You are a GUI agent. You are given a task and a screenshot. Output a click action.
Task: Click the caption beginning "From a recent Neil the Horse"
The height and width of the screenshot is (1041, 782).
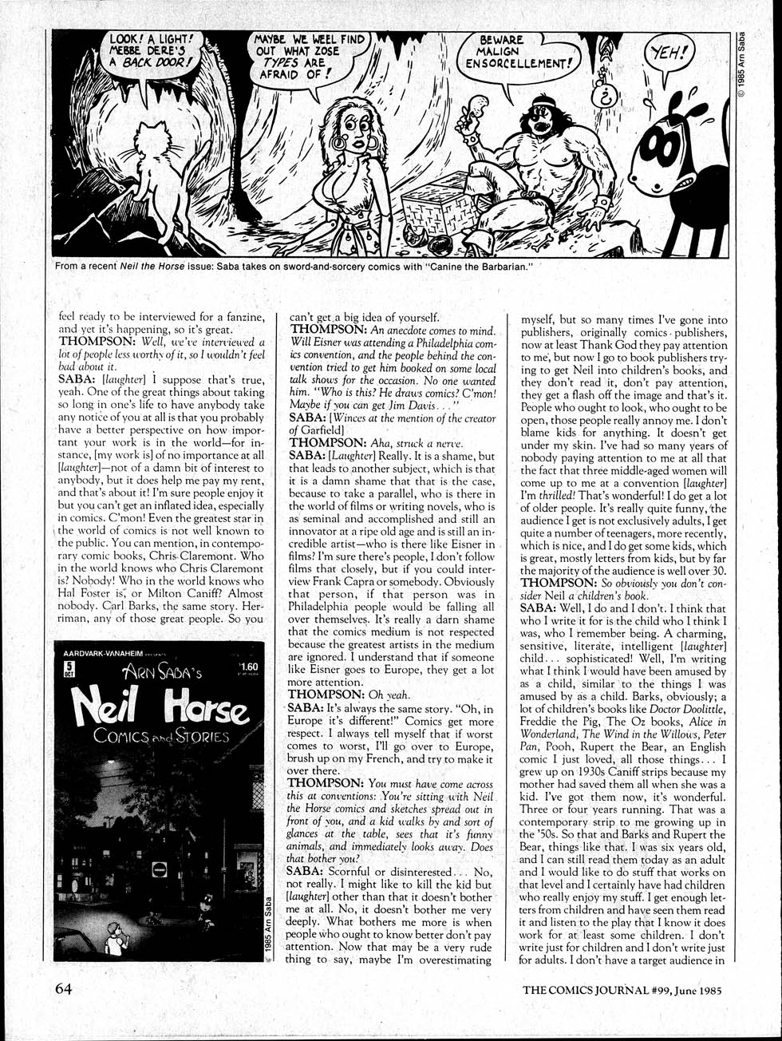[294, 266]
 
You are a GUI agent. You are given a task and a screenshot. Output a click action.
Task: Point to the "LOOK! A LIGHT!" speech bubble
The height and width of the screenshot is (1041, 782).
[150, 52]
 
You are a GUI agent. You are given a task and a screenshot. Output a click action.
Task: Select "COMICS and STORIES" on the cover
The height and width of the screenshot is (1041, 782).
[161, 735]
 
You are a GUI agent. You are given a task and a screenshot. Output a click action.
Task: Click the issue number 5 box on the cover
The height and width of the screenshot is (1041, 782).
[69, 670]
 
